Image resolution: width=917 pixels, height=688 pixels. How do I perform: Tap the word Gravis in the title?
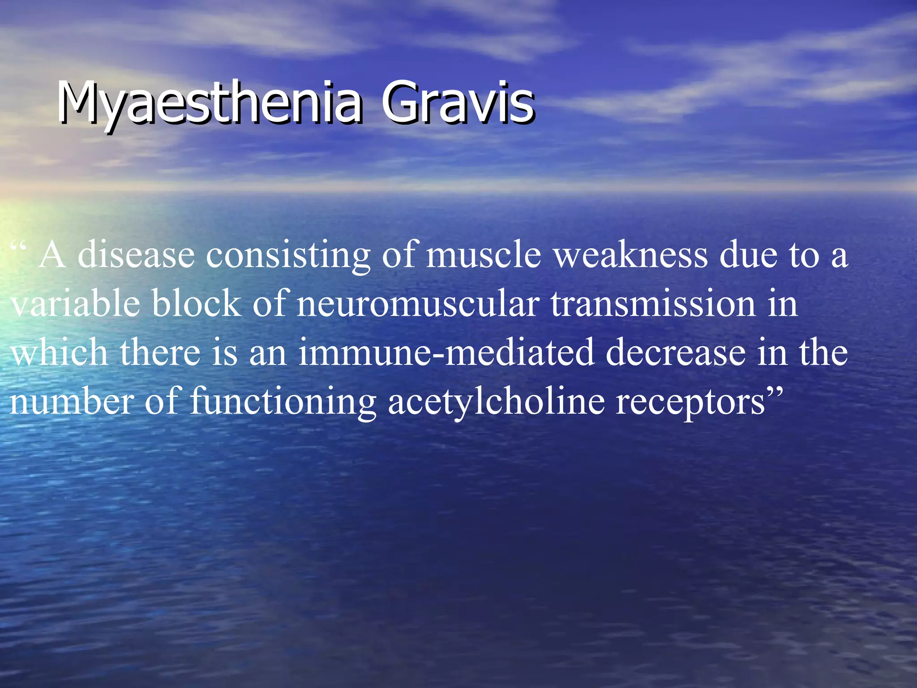[457, 103]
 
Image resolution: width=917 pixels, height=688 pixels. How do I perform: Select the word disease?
[136, 255]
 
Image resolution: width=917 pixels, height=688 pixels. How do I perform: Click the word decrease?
[676, 352]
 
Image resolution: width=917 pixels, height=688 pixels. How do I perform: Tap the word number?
[72, 401]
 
